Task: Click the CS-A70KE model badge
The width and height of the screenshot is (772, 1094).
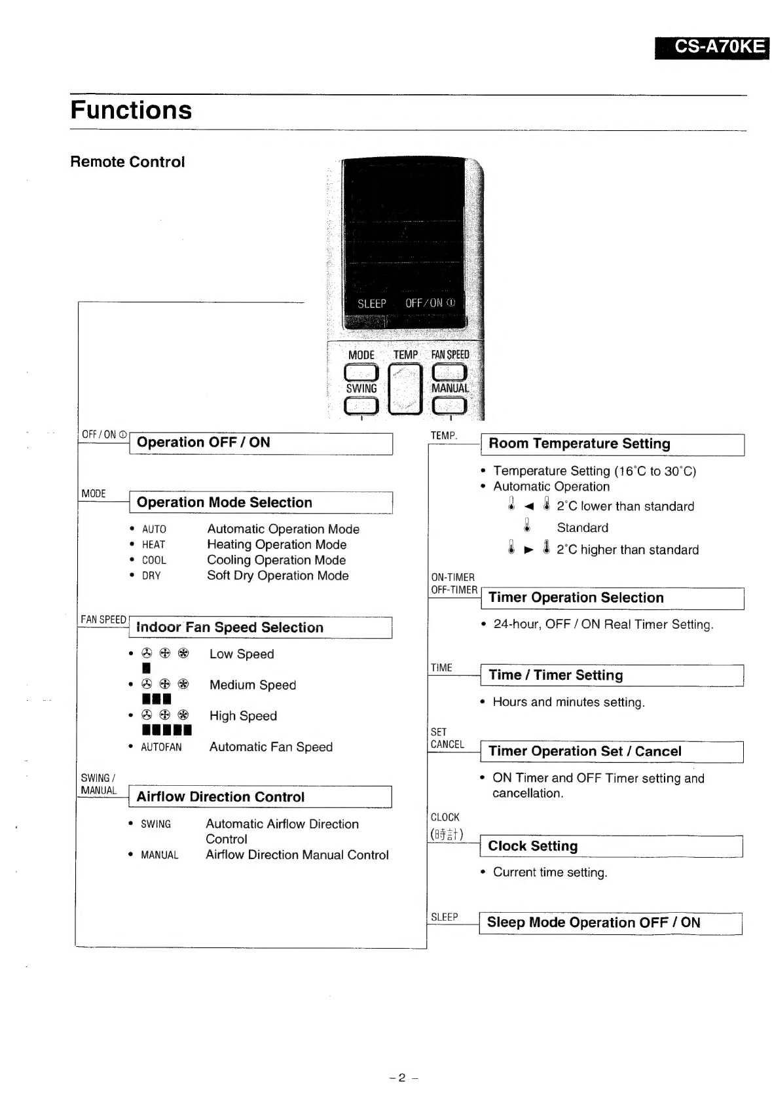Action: (x=712, y=48)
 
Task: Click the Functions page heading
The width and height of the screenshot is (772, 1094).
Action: (x=131, y=110)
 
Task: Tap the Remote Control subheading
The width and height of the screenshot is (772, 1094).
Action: (x=128, y=162)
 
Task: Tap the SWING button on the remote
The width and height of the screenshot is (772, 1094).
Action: (x=361, y=406)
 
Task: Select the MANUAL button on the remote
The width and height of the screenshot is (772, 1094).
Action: (x=449, y=406)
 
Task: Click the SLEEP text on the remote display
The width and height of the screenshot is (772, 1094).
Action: (x=371, y=304)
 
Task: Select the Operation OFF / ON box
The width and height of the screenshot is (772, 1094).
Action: (x=261, y=443)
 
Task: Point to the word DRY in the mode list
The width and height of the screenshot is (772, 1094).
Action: (x=151, y=576)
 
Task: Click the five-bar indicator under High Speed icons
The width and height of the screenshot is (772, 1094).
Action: (x=167, y=730)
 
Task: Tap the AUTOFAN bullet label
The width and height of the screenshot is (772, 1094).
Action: (x=161, y=747)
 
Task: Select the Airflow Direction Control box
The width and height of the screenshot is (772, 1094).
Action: (x=260, y=797)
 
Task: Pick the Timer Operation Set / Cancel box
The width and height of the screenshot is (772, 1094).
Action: (x=612, y=752)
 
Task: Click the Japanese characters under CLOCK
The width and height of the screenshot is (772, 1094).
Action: (x=447, y=834)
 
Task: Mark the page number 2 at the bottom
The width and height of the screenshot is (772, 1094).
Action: (x=402, y=1078)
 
